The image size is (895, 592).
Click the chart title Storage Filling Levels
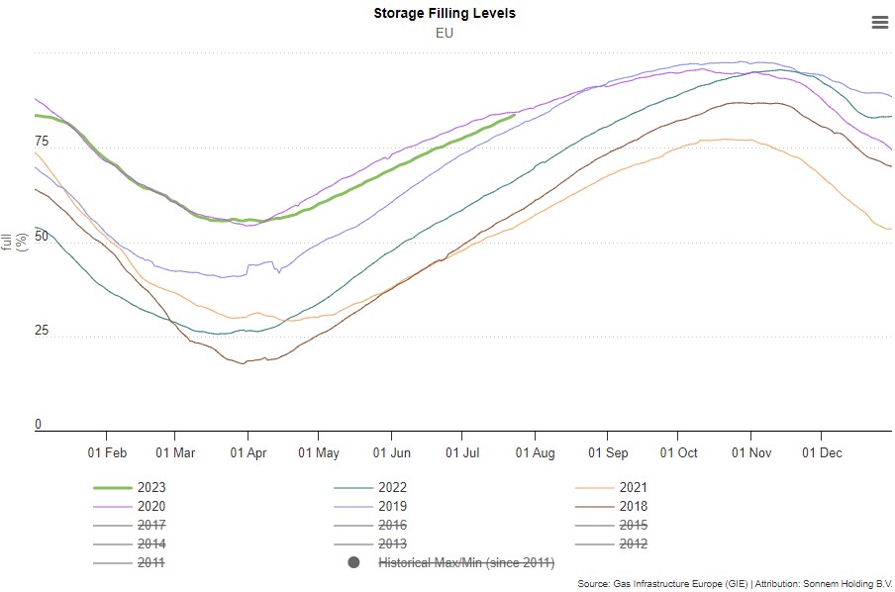tap(445, 13)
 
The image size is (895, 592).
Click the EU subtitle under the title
tap(445, 33)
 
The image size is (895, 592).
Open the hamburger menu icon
tap(879, 22)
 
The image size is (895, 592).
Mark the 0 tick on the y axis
tap(39, 425)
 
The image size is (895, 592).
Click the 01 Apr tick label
tap(249, 452)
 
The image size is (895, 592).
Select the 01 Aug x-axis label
tap(535, 452)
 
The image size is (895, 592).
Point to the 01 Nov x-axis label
tap(750, 452)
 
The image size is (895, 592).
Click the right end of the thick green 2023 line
tap(514, 116)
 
